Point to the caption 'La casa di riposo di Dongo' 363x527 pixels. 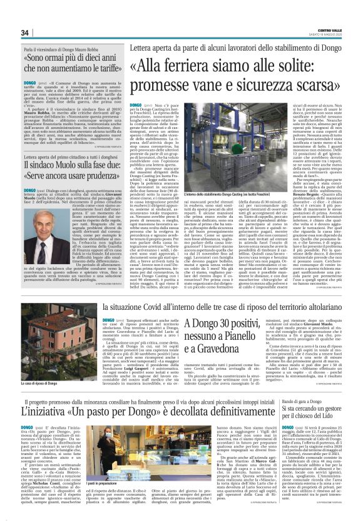41,382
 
